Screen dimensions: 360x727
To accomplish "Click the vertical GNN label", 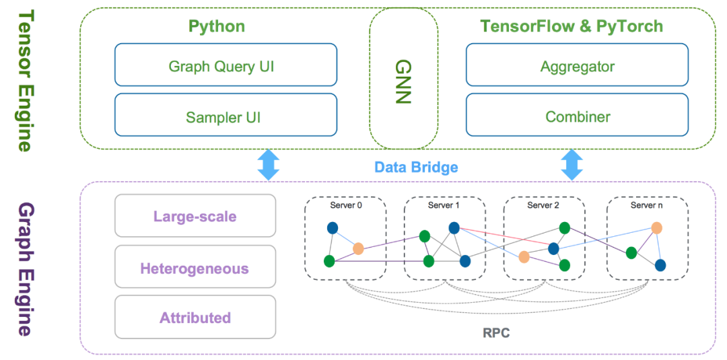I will [403, 79].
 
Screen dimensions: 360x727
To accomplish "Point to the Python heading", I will [216, 26].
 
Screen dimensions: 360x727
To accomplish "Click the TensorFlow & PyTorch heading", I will [571, 26].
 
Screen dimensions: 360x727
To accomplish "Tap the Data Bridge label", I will [417, 167].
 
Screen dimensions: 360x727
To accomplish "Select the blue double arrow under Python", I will [268, 164].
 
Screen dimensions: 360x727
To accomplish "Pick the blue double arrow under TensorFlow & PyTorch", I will [572, 164].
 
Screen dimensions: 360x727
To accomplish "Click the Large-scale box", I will [195, 216].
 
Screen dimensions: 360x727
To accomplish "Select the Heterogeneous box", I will [195, 268].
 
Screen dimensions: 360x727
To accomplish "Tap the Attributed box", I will [195, 317].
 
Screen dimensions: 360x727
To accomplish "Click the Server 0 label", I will [345, 205].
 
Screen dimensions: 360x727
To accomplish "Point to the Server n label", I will [647, 205].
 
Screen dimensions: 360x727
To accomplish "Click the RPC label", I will [497, 332].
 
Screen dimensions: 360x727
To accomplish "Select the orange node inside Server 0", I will [358, 248].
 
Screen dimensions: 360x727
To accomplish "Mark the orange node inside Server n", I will [656, 227].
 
